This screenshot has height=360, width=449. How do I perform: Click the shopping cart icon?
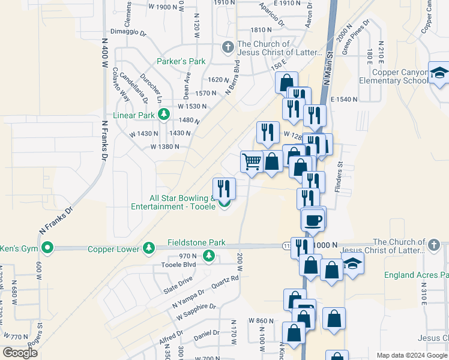252,161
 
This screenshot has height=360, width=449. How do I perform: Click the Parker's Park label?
181,61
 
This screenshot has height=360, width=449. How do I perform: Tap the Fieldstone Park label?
196,242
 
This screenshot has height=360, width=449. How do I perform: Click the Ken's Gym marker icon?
46,247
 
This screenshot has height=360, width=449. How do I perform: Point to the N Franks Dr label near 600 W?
55,221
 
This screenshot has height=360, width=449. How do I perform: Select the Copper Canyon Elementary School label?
393,76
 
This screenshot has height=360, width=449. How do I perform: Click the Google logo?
20,353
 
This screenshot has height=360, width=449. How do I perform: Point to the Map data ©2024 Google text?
412,355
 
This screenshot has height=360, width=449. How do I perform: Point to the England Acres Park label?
416,275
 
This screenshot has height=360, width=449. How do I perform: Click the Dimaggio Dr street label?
128,34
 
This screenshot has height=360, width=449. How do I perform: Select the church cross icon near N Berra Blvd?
228,46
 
